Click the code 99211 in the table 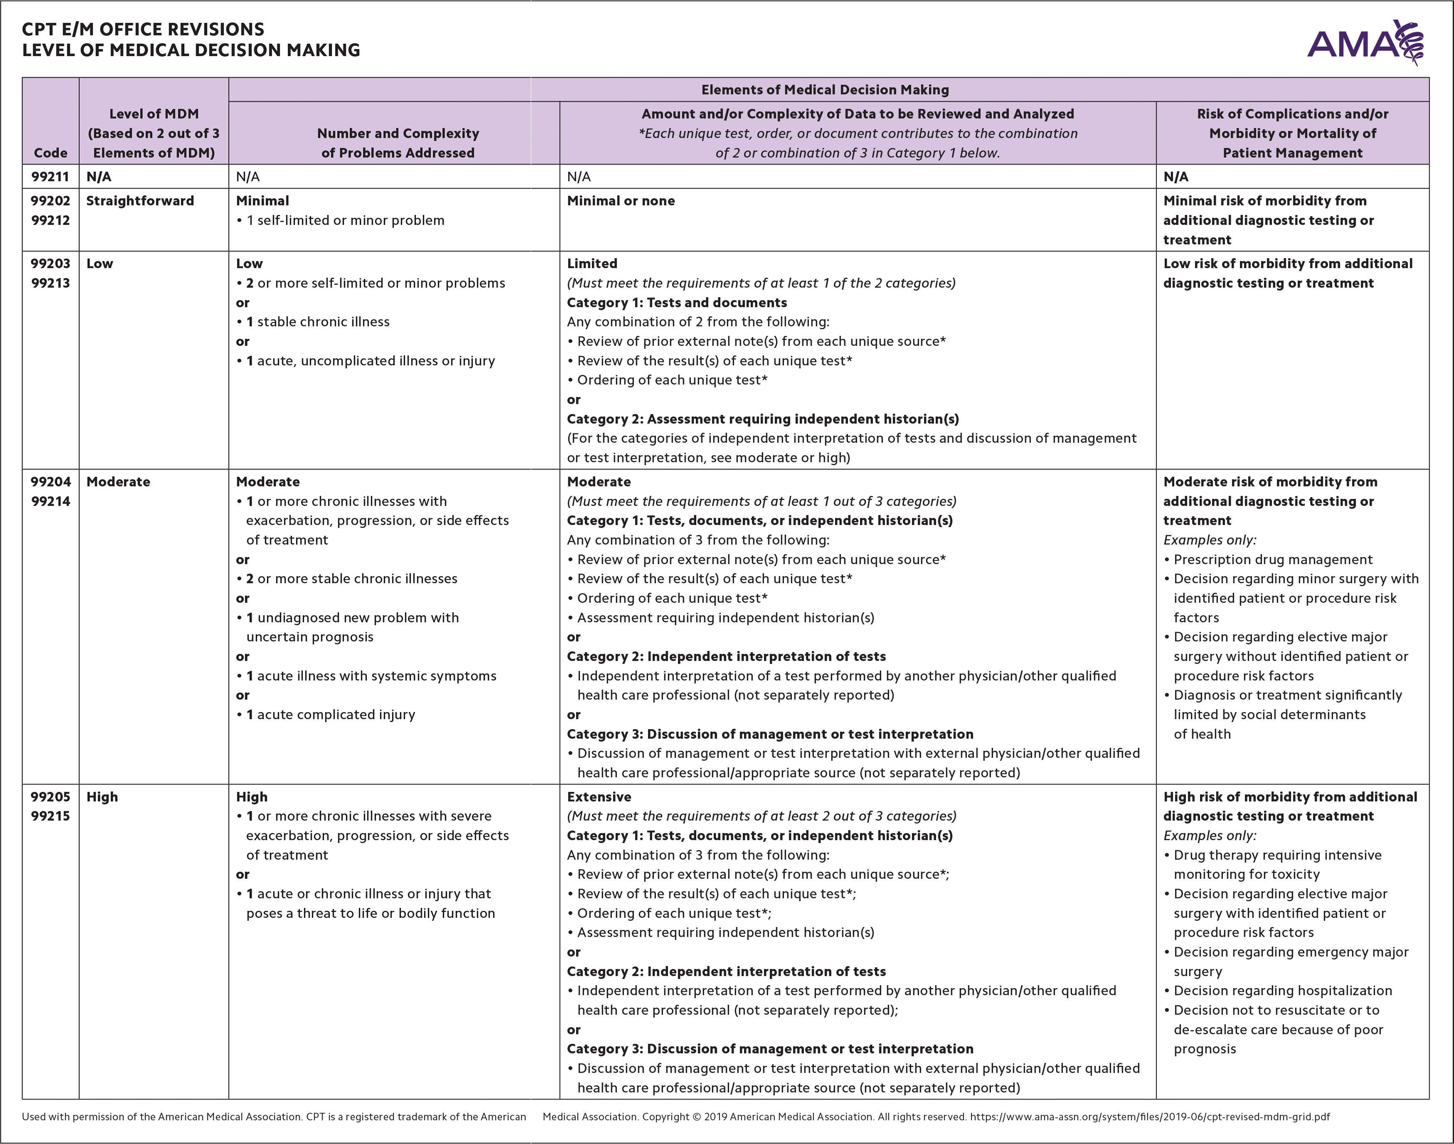pos(50,177)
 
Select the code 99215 pos(50,816)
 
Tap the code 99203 pos(50,263)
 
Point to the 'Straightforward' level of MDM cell pos(140,201)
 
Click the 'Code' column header pos(50,153)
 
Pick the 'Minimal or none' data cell pos(621,201)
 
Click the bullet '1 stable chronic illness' pos(318,321)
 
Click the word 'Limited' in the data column pos(592,263)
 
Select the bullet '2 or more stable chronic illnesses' pos(352,579)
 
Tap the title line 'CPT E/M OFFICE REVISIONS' pos(143,30)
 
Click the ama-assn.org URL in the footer pos(1150,1117)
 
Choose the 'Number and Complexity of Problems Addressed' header pos(398,143)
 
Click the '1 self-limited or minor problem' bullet pos(345,220)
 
